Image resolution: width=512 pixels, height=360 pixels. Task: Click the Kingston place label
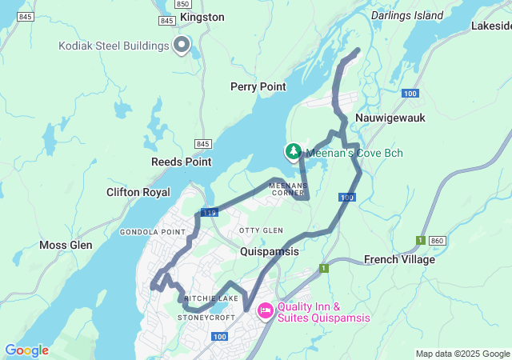click(x=202, y=17)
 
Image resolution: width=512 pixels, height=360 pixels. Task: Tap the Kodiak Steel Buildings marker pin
click(x=182, y=46)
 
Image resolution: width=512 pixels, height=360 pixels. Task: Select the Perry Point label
click(x=258, y=86)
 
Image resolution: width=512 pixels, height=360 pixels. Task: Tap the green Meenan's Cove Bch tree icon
click(x=294, y=150)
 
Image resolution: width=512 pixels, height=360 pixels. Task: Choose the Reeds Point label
click(x=182, y=162)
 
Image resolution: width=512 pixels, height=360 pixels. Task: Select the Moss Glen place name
click(x=66, y=245)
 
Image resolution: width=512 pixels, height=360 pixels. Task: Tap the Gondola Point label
click(x=147, y=232)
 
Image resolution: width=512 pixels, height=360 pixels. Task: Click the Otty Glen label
click(x=261, y=230)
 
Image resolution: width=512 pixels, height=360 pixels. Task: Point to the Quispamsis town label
click(x=270, y=251)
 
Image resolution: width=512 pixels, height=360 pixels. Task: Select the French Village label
click(x=399, y=259)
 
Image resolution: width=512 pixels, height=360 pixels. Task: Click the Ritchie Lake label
click(x=211, y=298)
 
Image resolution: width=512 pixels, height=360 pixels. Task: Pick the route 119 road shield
click(x=210, y=212)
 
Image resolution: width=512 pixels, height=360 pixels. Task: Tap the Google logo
click(x=26, y=350)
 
